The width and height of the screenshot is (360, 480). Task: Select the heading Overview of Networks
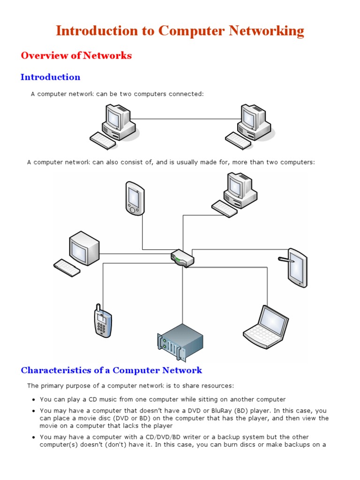pos(76,55)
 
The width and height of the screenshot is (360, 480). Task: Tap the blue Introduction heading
pos(50,77)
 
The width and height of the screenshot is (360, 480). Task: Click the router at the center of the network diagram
pos(182,258)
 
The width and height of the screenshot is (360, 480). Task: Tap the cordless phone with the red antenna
pos(102,321)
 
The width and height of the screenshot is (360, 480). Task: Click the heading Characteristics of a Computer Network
pos(111,370)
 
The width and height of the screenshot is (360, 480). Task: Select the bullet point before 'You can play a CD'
pos(34,400)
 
